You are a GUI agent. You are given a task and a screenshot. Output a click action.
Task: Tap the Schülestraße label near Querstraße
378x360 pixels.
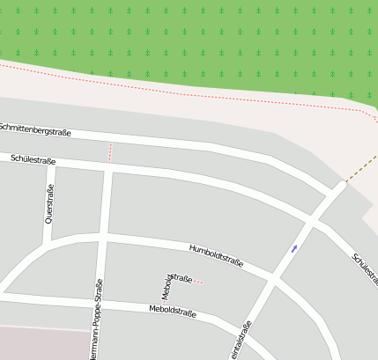point(33,160)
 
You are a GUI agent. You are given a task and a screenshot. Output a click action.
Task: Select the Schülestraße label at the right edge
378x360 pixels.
point(365,269)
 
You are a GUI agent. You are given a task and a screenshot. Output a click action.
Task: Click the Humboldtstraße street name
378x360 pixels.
point(216,255)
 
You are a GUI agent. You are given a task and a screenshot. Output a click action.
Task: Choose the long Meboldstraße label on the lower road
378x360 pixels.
point(173,311)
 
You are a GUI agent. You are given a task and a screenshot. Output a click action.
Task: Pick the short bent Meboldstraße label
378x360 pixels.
point(174,283)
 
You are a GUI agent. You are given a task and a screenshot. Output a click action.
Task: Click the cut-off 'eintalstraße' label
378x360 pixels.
point(241,342)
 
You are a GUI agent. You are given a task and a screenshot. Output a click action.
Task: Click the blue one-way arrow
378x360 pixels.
point(294,249)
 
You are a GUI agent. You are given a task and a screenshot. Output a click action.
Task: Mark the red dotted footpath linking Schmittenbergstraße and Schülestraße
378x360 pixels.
point(110,152)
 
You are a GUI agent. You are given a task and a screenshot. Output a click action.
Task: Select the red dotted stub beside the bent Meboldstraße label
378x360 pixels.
point(198,282)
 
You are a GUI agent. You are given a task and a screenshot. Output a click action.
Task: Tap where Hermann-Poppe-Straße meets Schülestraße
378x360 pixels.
point(108,167)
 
